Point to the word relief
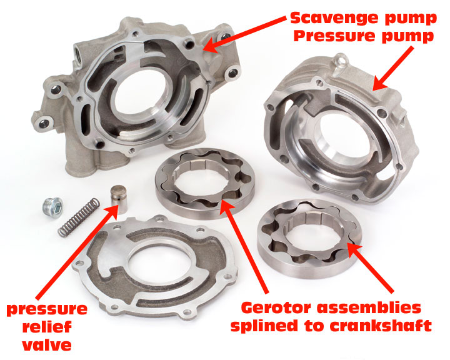[x=47, y=326]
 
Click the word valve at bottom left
[x=47, y=345]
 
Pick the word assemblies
[x=369, y=307]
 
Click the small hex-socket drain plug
[x=54, y=207]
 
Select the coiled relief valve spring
[x=79, y=217]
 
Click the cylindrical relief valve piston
[x=119, y=199]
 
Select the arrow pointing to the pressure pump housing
[x=394, y=68]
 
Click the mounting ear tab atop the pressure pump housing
[x=341, y=61]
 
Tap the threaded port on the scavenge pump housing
[x=78, y=53]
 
